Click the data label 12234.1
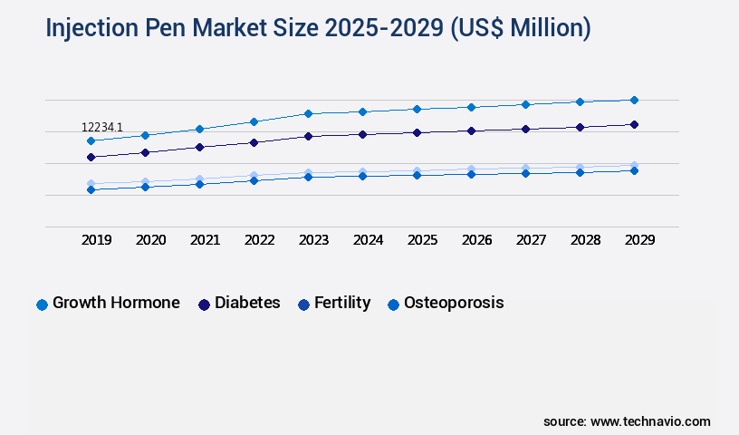(101, 128)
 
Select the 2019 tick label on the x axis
(97, 240)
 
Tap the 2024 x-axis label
(368, 240)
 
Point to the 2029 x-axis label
(639, 240)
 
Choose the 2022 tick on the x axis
(260, 240)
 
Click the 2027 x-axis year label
(531, 240)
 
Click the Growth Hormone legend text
(116, 303)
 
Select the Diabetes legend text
(247, 303)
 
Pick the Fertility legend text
(342, 303)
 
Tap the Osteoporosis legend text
(454, 303)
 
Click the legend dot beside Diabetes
(204, 304)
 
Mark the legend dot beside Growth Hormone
(42, 304)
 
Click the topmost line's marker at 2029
(634, 100)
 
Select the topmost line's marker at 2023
(308, 113)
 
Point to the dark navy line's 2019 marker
(91, 157)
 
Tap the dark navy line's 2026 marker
(471, 130)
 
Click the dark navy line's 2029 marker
(634, 124)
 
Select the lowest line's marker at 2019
(91, 189)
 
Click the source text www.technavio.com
(650, 421)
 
